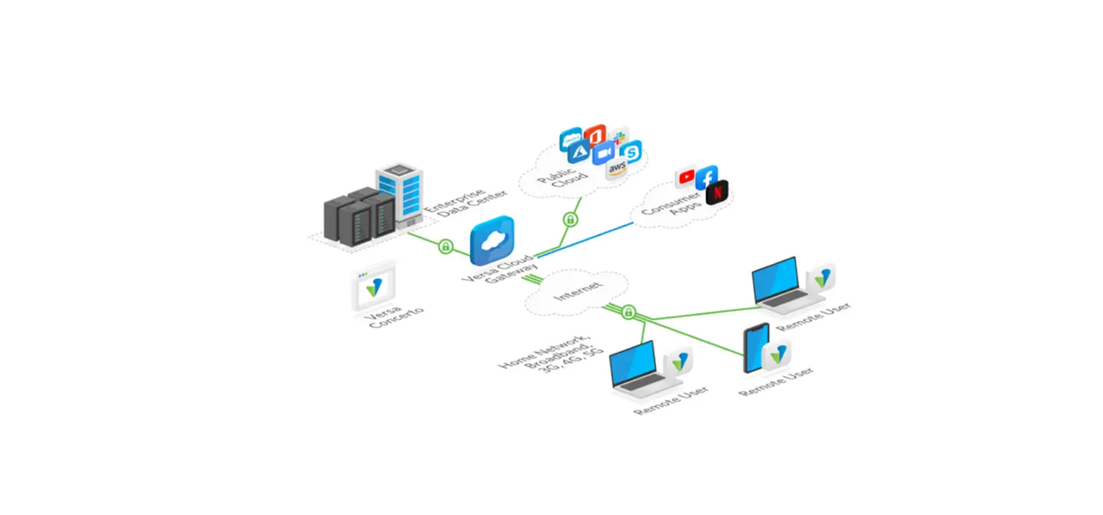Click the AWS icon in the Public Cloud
click(x=617, y=169)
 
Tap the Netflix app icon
click(x=717, y=192)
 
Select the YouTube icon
click(x=685, y=177)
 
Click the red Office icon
click(x=594, y=134)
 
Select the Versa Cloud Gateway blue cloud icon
click(x=492, y=240)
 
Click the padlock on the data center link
click(x=445, y=246)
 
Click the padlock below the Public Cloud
click(x=570, y=220)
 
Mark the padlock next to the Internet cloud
click(x=628, y=311)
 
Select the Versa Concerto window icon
click(x=374, y=286)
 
